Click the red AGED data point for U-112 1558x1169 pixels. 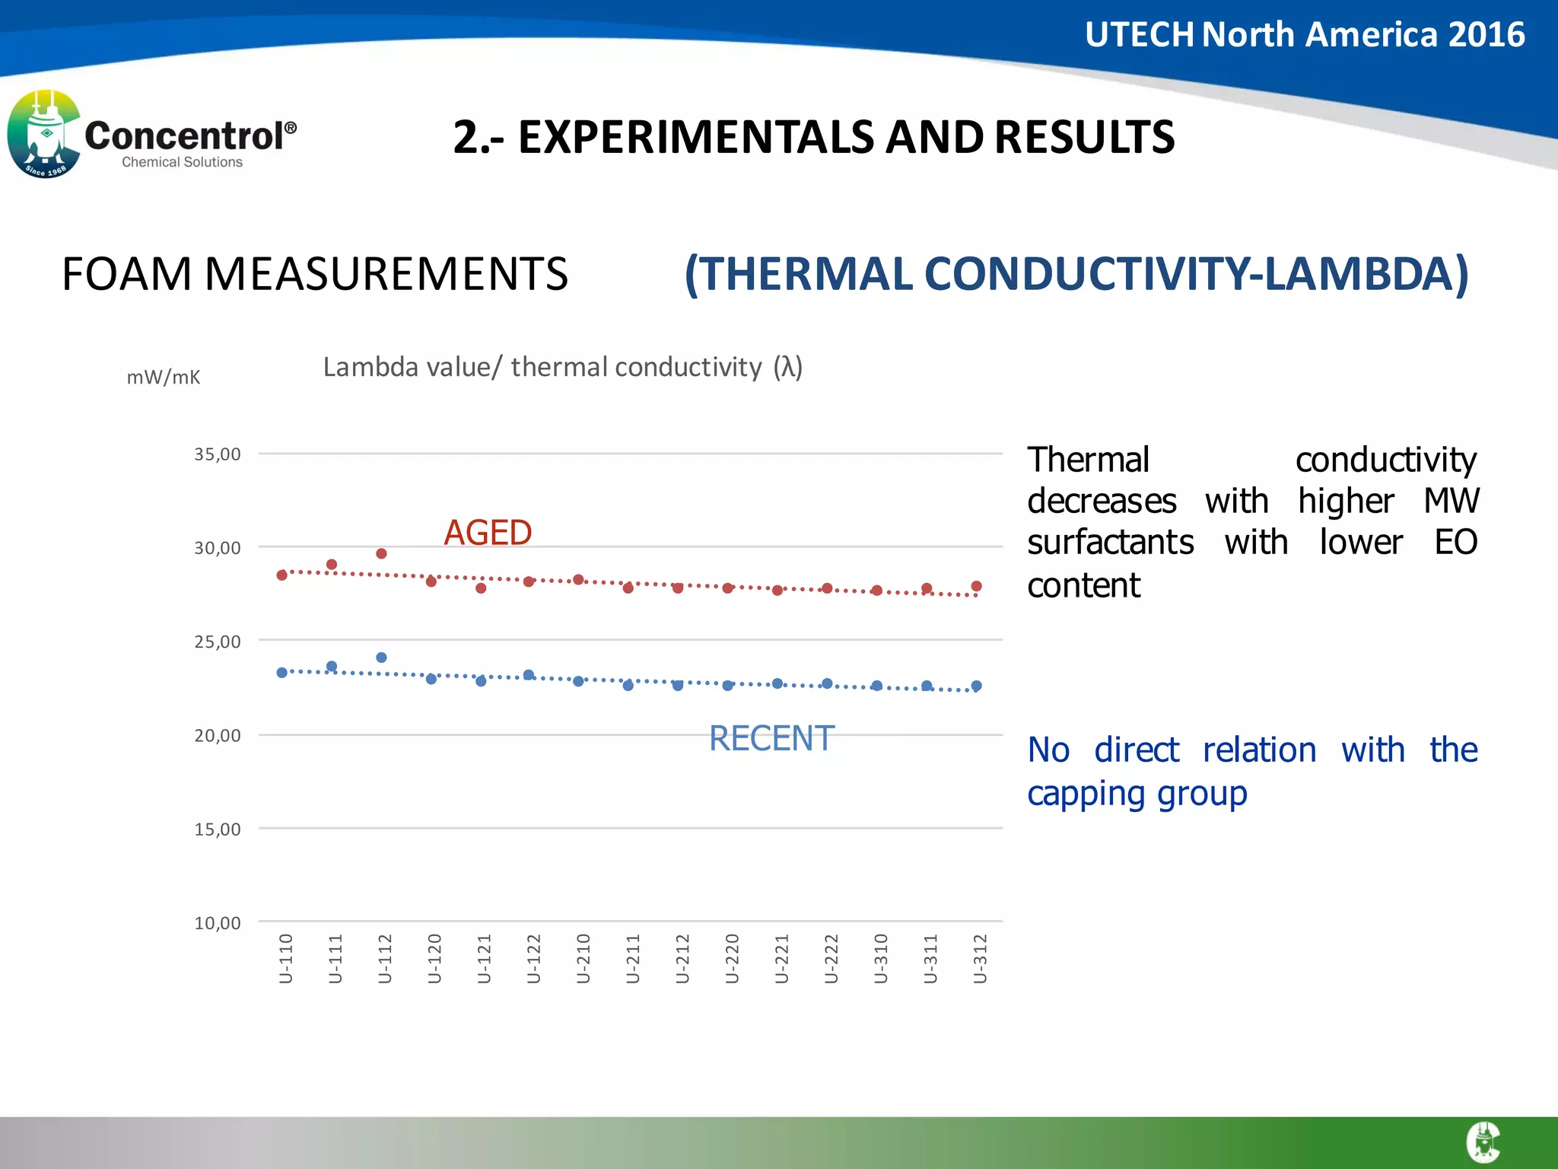click(381, 553)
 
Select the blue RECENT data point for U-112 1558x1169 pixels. click(381, 658)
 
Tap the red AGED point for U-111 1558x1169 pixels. click(332, 565)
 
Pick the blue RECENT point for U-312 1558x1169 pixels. click(977, 686)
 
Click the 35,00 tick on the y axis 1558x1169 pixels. click(218, 454)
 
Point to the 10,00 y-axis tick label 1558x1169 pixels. click(218, 923)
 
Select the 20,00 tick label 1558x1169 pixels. click(218, 736)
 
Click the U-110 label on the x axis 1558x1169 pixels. click(286, 958)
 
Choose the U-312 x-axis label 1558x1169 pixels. click(981, 958)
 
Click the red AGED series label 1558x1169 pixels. click(488, 533)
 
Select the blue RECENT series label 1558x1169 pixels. click(771, 738)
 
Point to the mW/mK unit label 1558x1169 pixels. click(164, 377)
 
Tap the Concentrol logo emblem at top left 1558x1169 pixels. click(43, 135)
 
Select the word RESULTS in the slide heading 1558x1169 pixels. click(1084, 138)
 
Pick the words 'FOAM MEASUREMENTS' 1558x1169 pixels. click(315, 274)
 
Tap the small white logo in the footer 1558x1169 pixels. click(1483, 1142)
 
